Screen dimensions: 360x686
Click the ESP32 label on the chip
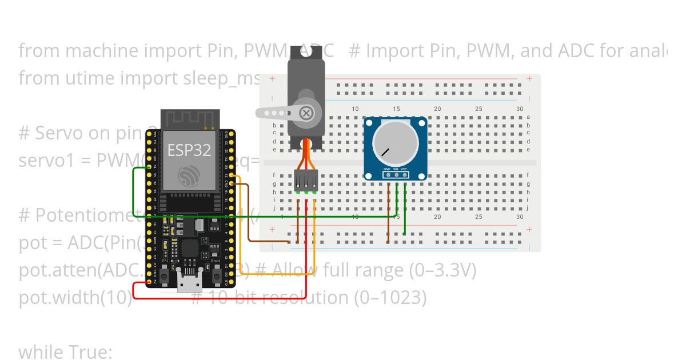click(189, 150)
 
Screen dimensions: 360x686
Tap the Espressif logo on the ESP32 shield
click(189, 175)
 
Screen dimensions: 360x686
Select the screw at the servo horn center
click(307, 113)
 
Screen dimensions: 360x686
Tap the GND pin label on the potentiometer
click(387, 170)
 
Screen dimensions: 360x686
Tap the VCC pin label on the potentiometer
click(404, 170)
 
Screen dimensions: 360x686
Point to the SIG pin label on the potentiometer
click(396, 170)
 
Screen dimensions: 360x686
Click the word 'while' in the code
click(42, 353)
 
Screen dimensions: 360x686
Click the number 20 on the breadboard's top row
click(437, 109)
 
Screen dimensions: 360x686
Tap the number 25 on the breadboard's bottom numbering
click(478, 217)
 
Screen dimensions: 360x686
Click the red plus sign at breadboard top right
click(530, 78)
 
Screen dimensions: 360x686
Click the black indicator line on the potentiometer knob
click(386, 153)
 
